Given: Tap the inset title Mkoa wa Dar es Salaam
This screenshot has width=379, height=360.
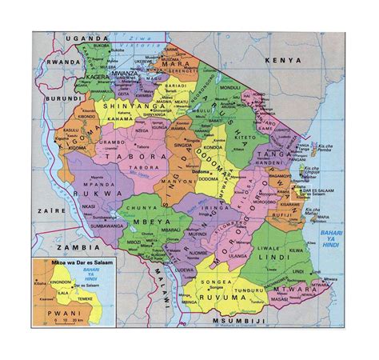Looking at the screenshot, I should tap(69, 262).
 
